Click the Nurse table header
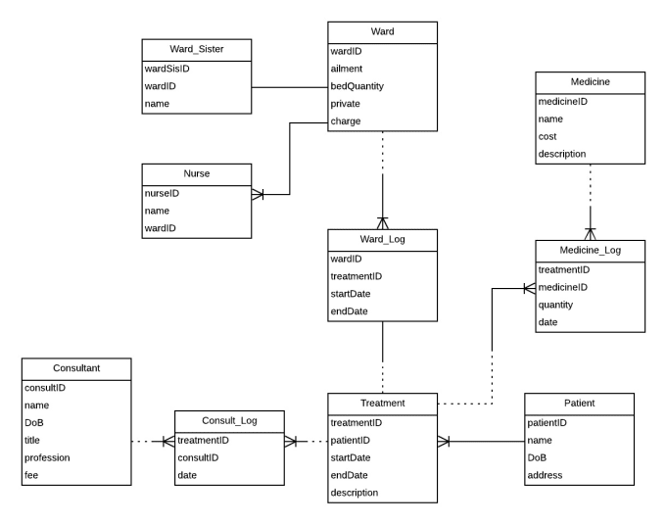[197, 174]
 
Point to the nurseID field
[163, 193]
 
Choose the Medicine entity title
[590, 82]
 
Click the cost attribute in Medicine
[548, 136]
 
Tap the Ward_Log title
[382, 240]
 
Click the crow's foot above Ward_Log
[382, 222]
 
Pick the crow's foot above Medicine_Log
[590, 233]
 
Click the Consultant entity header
[75, 368]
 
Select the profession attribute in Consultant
[51, 457]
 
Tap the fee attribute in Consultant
[31, 475]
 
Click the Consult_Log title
[229, 421]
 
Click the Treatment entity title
[382, 403]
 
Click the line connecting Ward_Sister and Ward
[290, 86]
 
